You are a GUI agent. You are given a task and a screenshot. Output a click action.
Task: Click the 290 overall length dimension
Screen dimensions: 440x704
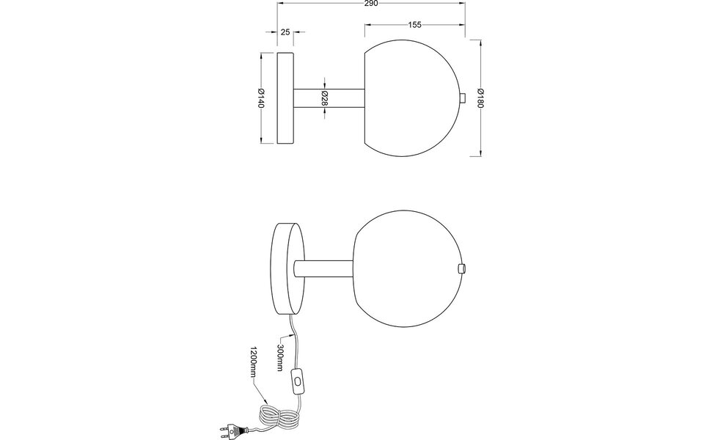pos(370,4)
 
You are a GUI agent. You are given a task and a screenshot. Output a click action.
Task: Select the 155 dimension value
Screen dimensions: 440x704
pos(414,25)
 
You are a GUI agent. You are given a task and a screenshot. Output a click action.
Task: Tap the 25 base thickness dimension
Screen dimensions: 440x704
pos(285,32)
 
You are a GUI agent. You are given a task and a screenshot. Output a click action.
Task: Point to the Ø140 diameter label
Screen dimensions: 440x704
pos(260,98)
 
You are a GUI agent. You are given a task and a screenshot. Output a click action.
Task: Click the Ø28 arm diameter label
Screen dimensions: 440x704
pos(324,98)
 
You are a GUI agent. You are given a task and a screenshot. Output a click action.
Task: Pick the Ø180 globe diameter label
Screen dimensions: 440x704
pos(480,98)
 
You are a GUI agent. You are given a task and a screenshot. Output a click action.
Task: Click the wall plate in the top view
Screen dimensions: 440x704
pos(285,98)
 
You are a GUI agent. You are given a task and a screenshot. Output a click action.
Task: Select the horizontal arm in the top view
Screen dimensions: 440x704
pos(329,98)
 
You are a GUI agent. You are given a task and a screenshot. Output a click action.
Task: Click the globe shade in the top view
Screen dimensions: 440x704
pos(414,98)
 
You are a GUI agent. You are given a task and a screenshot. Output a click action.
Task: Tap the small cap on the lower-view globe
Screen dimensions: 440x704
pos(461,268)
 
